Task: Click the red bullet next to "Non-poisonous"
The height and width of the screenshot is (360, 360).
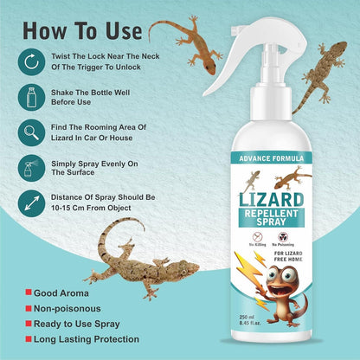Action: pos(29,309)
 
